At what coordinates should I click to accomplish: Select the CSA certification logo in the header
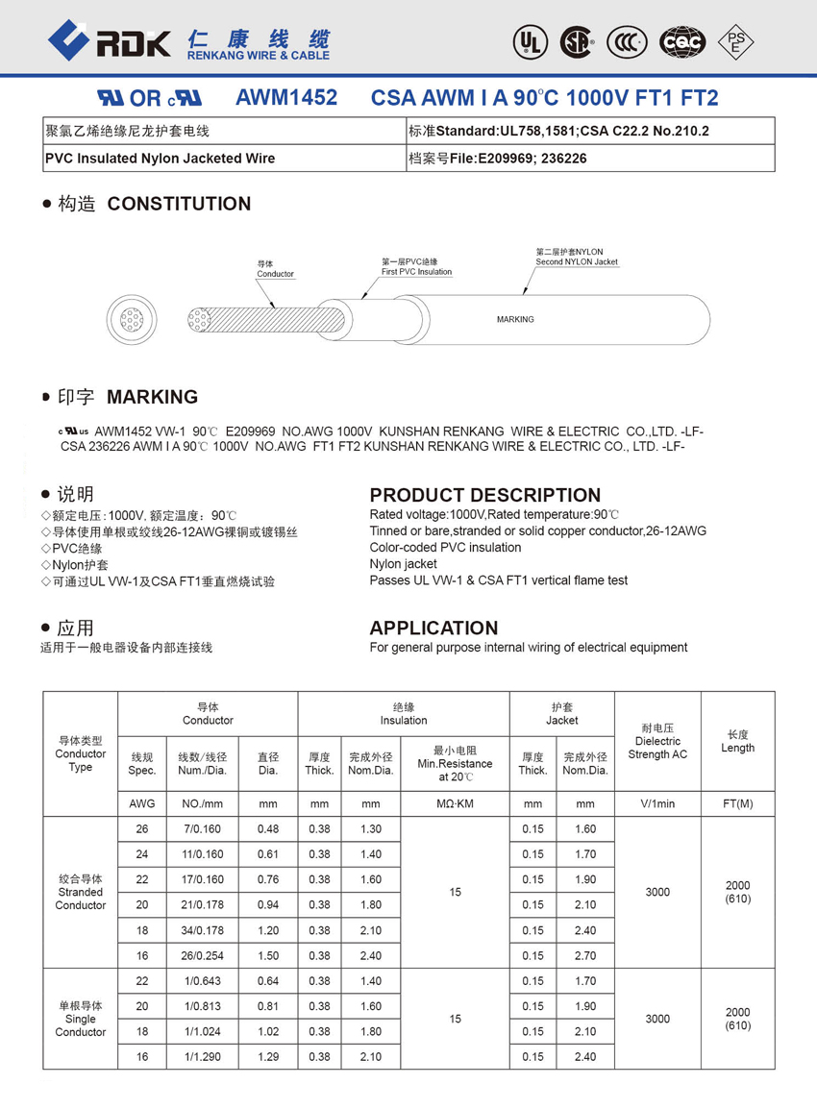click(x=577, y=41)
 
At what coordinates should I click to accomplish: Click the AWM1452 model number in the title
click(x=286, y=98)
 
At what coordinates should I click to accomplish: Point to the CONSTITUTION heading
click(x=179, y=204)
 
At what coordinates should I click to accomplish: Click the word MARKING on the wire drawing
click(x=515, y=319)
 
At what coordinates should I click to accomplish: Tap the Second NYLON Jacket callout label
click(x=577, y=257)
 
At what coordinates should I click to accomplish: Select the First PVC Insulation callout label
click(x=416, y=266)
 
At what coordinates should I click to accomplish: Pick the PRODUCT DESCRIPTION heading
click(x=485, y=495)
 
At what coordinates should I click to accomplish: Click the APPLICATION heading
click(x=433, y=628)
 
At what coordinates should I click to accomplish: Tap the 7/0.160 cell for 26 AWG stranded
click(x=202, y=829)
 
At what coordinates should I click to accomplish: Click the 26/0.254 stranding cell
click(x=202, y=956)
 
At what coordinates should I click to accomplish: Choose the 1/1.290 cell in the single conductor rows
click(x=202, y=1057)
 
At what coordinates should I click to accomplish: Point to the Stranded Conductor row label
click(x=81, y=892)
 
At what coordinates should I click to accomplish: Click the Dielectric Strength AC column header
click(x=657, y=742)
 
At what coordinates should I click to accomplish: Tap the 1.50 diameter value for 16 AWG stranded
click(x=268, y=956)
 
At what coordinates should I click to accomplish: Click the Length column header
click(x=737, y=741)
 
